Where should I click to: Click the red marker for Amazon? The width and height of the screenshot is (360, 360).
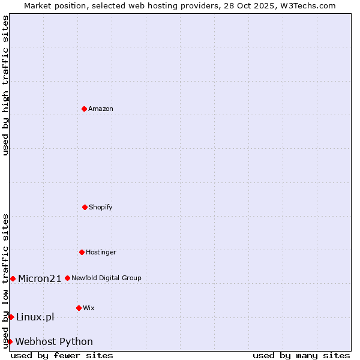(85, 109)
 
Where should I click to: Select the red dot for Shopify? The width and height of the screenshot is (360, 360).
(85, 207)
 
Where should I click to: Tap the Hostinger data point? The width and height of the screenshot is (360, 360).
(82, 252)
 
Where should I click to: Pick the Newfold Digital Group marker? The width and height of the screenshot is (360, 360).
(67, 278)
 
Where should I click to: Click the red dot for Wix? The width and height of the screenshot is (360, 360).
(79, 308)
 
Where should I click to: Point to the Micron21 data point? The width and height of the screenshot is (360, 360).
(13, 278)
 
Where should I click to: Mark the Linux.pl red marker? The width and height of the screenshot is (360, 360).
(11, 317)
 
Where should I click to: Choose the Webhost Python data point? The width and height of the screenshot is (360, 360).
(10, 341)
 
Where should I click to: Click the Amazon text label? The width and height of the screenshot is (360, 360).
(101, 109)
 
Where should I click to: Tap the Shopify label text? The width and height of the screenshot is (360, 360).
(101, 208)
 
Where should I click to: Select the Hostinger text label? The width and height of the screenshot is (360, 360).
(101, 253)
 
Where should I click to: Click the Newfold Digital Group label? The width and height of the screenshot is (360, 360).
(107, 278)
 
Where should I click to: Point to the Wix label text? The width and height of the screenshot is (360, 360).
(89, 308)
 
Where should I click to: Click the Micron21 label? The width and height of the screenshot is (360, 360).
(40, 278)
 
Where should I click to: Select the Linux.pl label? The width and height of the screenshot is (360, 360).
(35, 317)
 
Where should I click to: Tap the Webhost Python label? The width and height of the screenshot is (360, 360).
(54, 342)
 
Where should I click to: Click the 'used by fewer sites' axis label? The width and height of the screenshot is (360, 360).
(62, 355)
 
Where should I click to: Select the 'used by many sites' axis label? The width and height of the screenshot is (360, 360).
(301, 355)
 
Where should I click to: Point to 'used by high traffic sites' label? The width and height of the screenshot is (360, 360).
(5, 85)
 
